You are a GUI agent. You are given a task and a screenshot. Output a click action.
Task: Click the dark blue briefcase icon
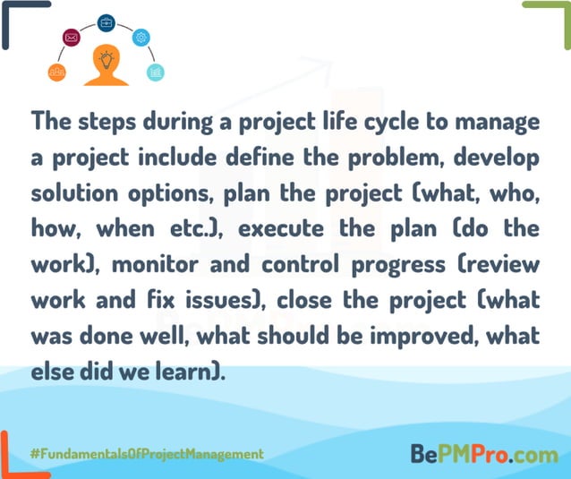point(106,21)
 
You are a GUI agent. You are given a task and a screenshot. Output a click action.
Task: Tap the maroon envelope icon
point(72,38)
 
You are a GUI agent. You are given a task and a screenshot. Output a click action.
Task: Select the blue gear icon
point(141,38)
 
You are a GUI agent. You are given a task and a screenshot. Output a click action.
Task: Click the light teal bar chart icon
point(156,72)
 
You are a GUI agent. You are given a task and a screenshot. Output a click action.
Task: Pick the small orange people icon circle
point(56,72)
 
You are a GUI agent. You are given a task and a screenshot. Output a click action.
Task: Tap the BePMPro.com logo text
point(484,454)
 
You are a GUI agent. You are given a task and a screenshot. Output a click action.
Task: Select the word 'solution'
point(69,192)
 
